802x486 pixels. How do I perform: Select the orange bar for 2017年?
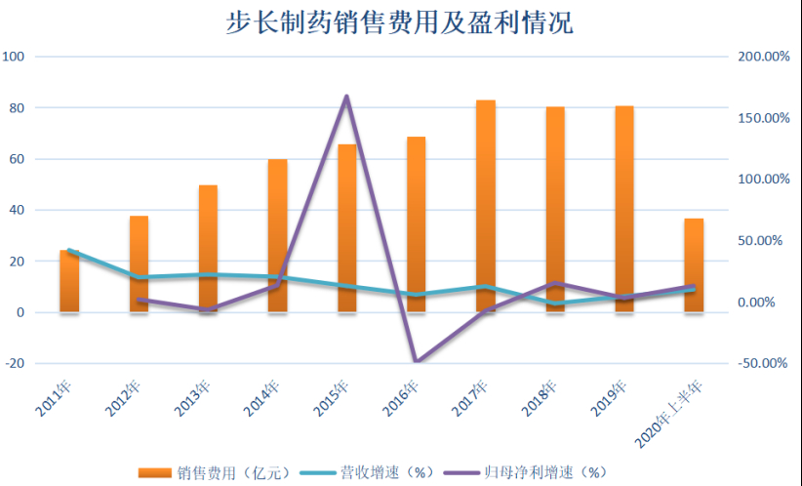486,206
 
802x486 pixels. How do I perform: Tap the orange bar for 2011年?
69,281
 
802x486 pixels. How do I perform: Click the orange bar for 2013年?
208,248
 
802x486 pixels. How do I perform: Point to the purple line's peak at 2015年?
346,97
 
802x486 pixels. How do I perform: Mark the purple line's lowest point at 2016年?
417,362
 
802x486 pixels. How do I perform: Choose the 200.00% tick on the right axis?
763,57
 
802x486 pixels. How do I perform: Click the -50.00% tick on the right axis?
763,363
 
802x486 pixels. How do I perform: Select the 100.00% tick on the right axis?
763,180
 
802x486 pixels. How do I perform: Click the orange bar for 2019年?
624,208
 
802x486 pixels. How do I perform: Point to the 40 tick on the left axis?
17,210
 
